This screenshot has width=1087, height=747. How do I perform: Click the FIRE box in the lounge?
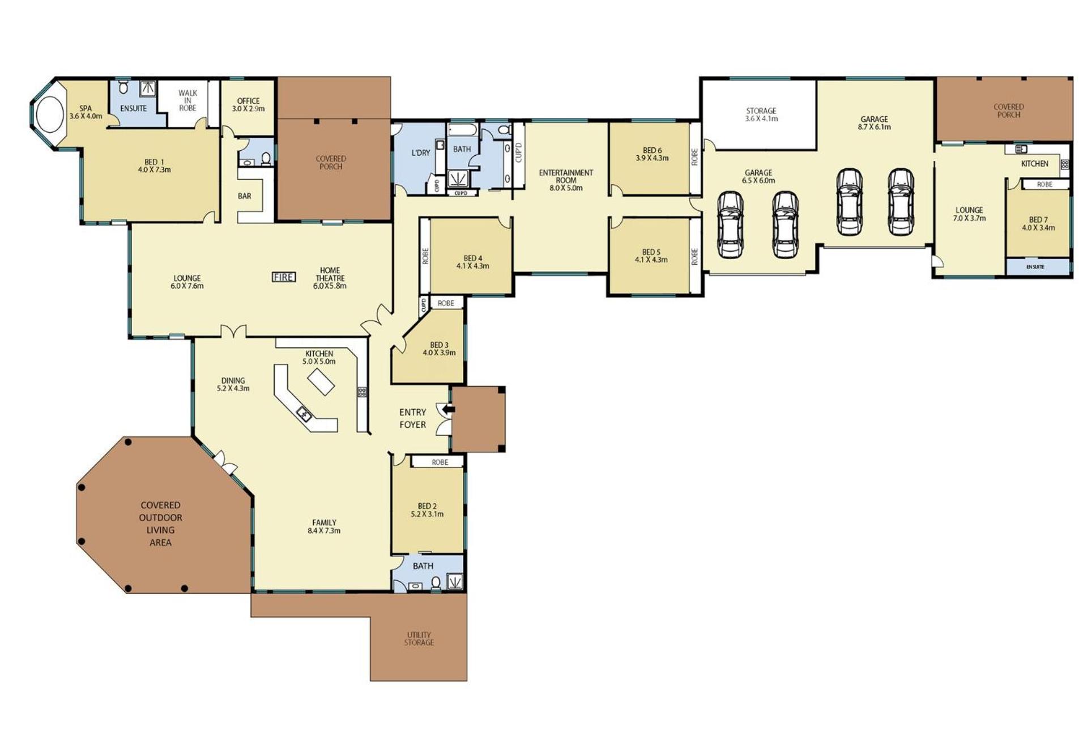tap(284, 277)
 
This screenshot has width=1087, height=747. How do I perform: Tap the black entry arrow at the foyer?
tap(449, 409)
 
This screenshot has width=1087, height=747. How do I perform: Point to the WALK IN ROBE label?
tap(187, 100)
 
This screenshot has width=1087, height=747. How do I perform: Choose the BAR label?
tap(244, 196)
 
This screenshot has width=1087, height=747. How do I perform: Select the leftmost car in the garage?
tap(730, 225)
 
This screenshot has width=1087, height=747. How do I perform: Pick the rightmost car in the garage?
tap(900, 202)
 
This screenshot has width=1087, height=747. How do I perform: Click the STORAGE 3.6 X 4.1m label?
tap(761, 115)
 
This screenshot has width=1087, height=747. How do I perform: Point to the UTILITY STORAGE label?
tap(419, 639)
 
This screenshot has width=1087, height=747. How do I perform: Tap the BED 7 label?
tap(1038, 220)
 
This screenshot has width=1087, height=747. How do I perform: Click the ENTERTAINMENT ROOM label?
tap(566, 176)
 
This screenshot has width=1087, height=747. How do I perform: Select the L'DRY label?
tap(420, 152)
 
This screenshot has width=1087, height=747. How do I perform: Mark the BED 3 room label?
tap(439, 345)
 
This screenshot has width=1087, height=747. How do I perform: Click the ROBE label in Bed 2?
tap(440, 462)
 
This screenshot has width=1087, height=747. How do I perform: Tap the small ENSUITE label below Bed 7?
tap(1035, 267)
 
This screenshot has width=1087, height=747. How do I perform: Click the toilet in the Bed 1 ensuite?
tap(124, 88)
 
